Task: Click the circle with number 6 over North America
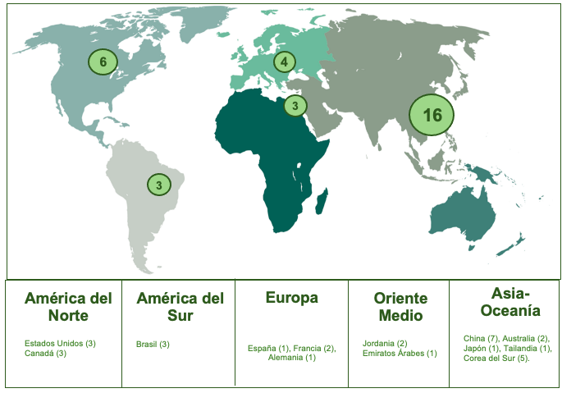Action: [103, 62]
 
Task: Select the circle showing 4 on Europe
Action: [284, 62]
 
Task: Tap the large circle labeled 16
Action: [432, 115]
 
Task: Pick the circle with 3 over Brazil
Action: [159, 185]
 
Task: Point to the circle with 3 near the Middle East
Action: [295, 106]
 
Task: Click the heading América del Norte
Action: [68, 306]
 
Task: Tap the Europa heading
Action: [291, 298]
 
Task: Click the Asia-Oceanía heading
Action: [505, 301]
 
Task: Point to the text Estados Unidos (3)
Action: [60, 343]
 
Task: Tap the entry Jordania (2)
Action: [385, 343]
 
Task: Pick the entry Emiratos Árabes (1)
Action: [399, 354]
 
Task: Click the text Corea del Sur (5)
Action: [495, 359]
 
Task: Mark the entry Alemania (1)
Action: [291, 359]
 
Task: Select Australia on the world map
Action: [464, 213]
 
